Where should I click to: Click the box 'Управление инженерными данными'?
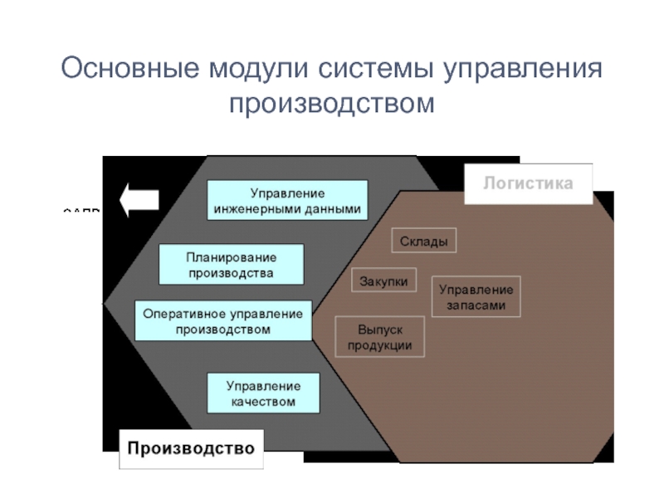coord(287,200)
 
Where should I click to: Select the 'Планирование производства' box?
coord(231,264)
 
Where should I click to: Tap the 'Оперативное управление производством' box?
coord(223,320)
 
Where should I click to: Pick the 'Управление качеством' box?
coord(263,393)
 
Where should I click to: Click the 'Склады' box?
coord(423,241)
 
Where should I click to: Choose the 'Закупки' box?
coord(383,281)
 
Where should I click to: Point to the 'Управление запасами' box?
coord(476,297)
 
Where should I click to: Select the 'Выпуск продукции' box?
coord(379,336)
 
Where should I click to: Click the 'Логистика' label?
coord(528,183)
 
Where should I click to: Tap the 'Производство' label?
coord(190,449)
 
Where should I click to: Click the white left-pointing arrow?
coord(139,200)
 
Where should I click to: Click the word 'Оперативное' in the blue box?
coord(180,313)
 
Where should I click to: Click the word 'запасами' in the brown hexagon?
coord(476,305)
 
